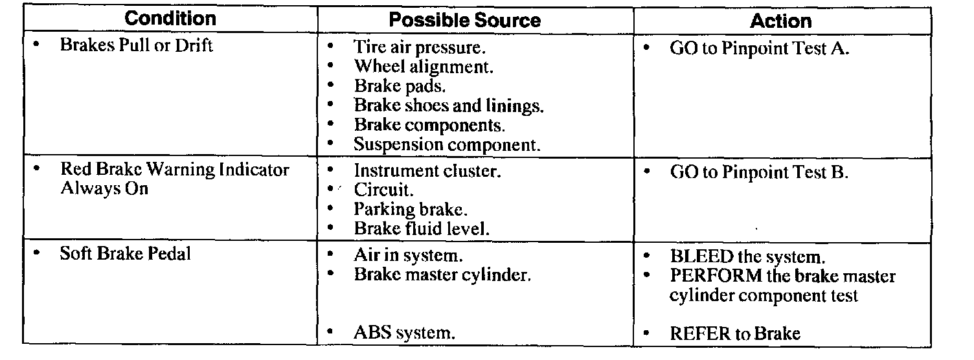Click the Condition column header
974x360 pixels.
[170, 19]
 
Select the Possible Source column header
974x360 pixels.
[464, 20]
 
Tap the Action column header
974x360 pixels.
[780, 21]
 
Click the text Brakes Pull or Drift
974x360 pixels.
[136, 46]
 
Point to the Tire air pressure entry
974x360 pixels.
[420, 48]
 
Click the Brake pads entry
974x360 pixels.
[400, 86]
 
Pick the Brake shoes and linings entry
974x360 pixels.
[448, 105]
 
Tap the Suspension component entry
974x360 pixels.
[446, 144]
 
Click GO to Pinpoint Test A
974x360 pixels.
[759, 49]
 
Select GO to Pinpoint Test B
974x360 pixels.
[759, 173]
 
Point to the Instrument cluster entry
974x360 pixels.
[427, 172]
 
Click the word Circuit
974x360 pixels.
[383, 190]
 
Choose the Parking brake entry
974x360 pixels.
[411, 210]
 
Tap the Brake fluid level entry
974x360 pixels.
[422, 229]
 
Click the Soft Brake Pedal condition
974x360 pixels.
[125, 253]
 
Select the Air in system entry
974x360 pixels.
[408, 255]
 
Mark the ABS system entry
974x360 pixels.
[404, 333]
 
